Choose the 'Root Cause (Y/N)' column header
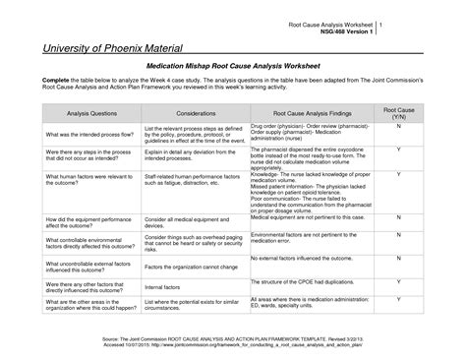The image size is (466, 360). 398,114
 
